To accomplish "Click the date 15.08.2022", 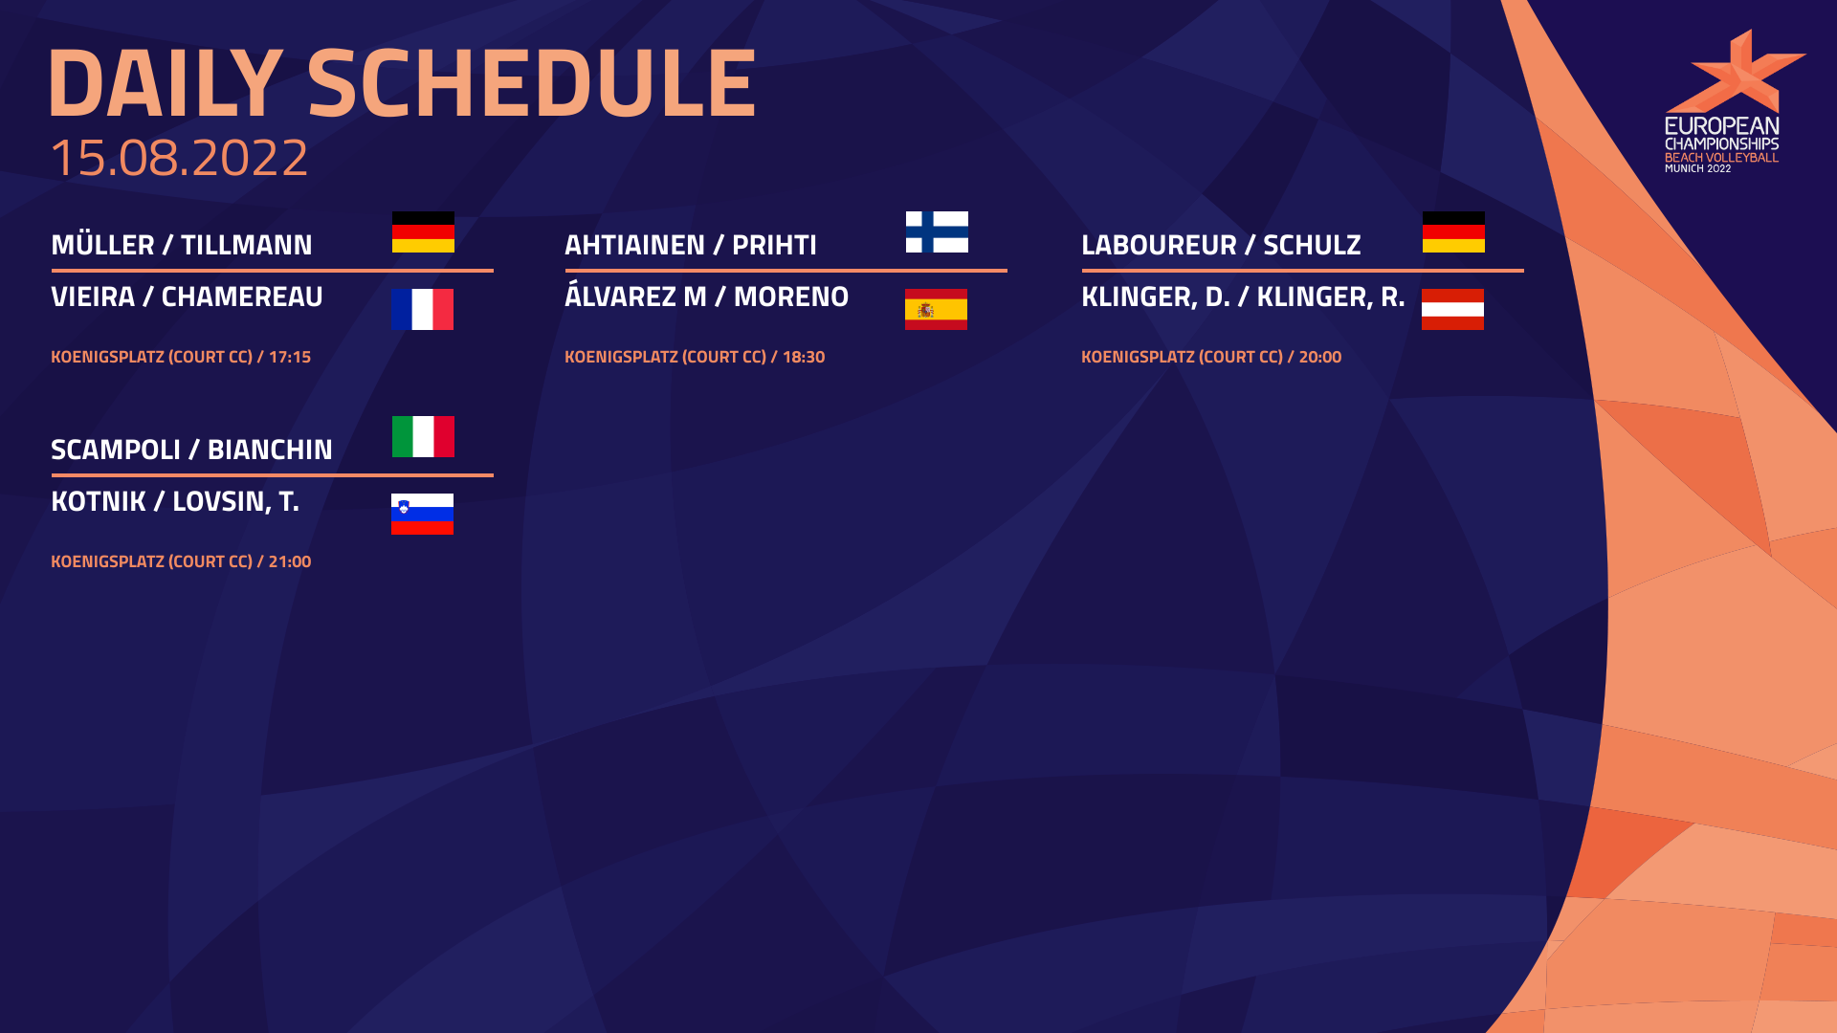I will pyautogui.click(x=179, y=157).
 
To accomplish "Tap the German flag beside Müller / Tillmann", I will pyautogui.click(x=423, y=232).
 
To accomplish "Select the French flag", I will pyautogui.click(x=422, y=310).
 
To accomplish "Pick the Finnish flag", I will pyautogui.click(x=937, y=232).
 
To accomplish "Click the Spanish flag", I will pyautogui.click(x=936, y=310).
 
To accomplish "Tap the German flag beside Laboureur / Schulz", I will pyautogui.click(x=1453, y=232).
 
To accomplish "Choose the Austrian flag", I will pyautogui.click(x=1452, y=310).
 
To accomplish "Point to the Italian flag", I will pyautogui.click(x=423, y=437).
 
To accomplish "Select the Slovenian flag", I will pyautogui.click(x=422, y=515).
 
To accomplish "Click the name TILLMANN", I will pyautogui.click(x=247, y=245).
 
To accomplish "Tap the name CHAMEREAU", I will pyautogui.click(x=242, y=297).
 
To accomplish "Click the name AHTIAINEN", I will pyautogui.click(x=634, y=245).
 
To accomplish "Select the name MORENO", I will pyautogui.click(x=791, y=297).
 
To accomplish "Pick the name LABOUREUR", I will pyautogui.click(x=1159, y=245).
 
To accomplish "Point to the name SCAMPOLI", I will pyautogui.click(x=116, y=450).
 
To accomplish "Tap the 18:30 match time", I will pyautogui.click(x=804, y=357).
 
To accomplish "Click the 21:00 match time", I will pyautogui.click(x=290, y=561).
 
